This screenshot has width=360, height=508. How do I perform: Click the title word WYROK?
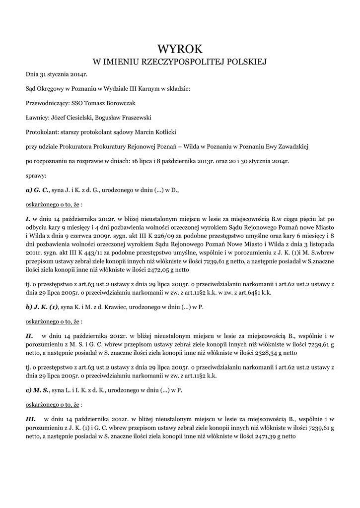(x=180, y=49)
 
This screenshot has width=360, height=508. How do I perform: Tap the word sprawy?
(x=36, y=175)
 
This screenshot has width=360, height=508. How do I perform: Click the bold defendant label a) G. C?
(x=37, y=190)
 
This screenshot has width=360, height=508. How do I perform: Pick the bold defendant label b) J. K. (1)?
(x=42, y=307)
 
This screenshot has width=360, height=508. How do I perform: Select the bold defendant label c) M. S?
(x=37, y=390)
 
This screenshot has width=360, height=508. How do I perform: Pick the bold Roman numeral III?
(x=31, y=419)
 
